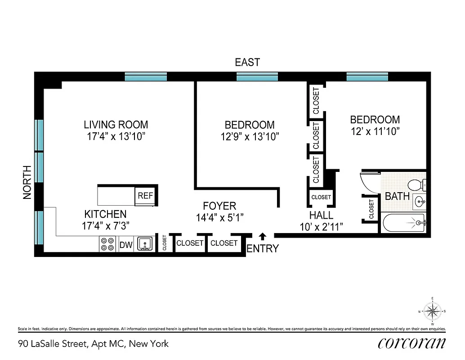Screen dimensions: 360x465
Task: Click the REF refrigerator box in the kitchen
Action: tap(145, 196)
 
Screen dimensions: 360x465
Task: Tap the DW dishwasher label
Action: tap(125, 245)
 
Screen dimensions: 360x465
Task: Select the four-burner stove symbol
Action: tap(107, 244)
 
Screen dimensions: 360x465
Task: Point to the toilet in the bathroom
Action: tap(416, 184)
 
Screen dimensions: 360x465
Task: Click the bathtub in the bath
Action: tap(403, 223)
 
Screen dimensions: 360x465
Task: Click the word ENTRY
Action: tap(263, 248)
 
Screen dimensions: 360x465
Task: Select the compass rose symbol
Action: tap(432, 311)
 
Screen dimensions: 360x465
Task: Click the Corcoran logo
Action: tap(412, 343)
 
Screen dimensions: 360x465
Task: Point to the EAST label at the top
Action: tap(247, 62)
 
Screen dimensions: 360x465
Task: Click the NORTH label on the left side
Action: tap(27, 183)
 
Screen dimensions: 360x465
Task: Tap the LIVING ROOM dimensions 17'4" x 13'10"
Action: tap(116, 136)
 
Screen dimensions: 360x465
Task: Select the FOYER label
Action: tap(219, 206)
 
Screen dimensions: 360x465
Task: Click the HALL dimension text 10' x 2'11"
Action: tap(322, 227)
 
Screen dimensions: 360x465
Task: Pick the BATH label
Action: tap(397, 196)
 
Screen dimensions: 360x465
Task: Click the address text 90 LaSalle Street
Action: tap(93, 344)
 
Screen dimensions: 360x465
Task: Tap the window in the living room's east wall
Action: tap(146, 76)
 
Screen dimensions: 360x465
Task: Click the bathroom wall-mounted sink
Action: tap(419, 200)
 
